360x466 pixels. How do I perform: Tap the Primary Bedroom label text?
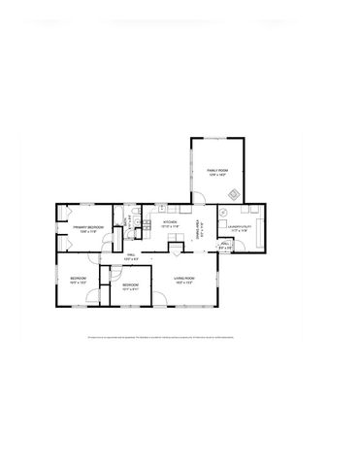pyautogui.click(x=88, y=228)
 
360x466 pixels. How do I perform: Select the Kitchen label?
pyautogui.click(x=169, y=222)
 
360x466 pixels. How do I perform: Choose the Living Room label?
pyautogui.click(x=185, y=279)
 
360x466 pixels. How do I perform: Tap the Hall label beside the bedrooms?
pyautogui.click(x=130, y=256)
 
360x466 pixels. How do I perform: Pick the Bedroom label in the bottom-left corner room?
pyautogui.click(x=78, y=280)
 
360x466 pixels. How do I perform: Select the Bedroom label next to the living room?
pyautogui.click(x=130, y=284)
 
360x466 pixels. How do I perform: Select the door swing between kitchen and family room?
pyautogui.click(x=199, y=198)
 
